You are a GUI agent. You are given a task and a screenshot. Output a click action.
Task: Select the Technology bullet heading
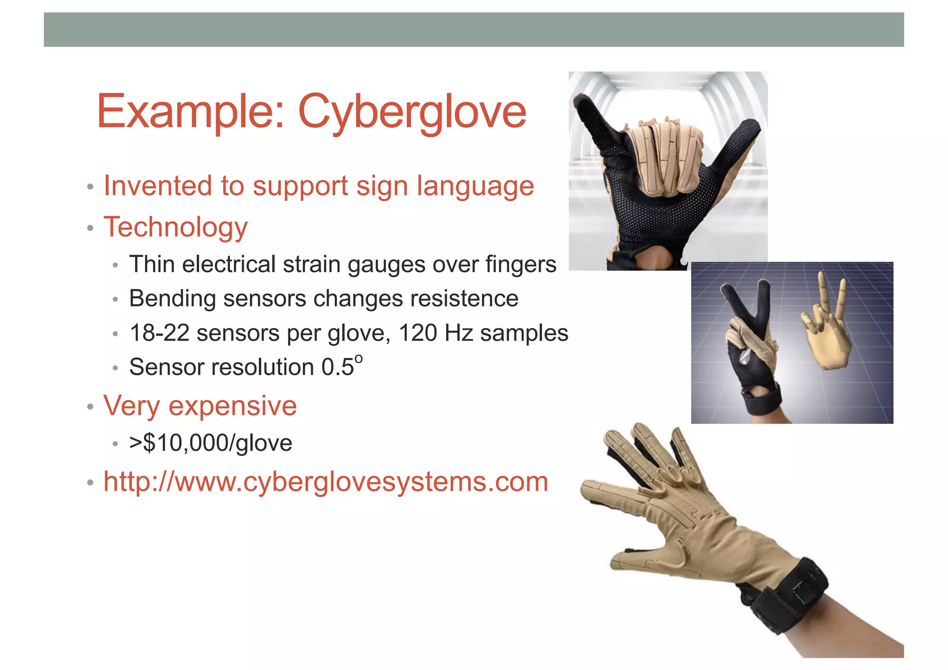tap(175, 227)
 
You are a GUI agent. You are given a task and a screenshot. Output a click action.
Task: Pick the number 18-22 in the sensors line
tap(159, 333)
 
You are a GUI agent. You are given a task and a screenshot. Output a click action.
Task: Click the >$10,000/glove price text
tap(211, 443)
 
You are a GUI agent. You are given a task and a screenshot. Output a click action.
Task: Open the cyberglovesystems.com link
tap(325, 482)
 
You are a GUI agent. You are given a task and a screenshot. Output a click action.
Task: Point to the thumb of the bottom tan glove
tap(643, 560)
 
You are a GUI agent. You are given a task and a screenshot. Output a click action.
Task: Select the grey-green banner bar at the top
tap(474, 30)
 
